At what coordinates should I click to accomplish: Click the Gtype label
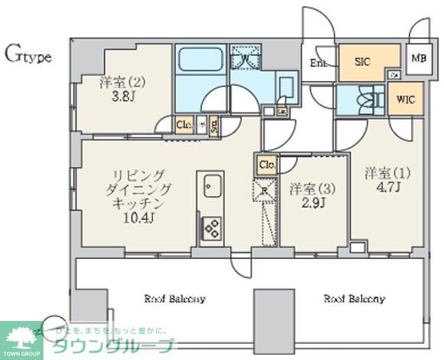click(x=28, y=54)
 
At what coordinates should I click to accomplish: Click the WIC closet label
click(x=404, y=100)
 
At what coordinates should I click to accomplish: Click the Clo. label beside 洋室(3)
click(x=266, y=164)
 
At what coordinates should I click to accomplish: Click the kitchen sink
click(x=211, y=185)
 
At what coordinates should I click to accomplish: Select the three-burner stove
click(x=211, y=227)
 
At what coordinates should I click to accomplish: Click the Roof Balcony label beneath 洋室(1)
click(x=353, y=298)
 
